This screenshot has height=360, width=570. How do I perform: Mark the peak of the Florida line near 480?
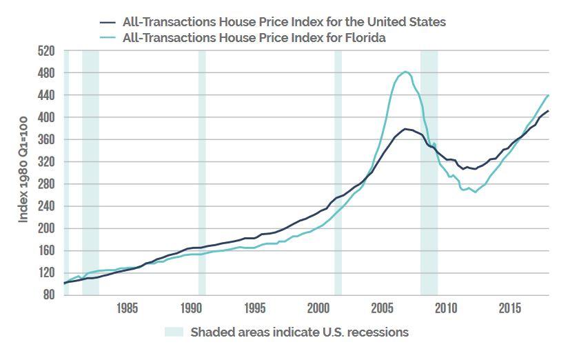click(x=405, y=72)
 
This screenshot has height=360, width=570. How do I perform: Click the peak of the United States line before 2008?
click(x=405, y=129)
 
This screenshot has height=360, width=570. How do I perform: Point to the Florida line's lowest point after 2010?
click(x=475, y=192)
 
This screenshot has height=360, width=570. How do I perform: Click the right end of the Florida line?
click(x=549, y=95)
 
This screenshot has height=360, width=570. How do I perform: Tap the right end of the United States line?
click(x=549, y=111)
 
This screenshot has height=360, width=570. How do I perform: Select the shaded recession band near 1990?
click(x=202, y=172)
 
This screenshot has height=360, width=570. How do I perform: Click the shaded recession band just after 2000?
click(x=338, y=172)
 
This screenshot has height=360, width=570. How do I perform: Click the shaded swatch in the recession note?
click(x=175, y=332)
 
